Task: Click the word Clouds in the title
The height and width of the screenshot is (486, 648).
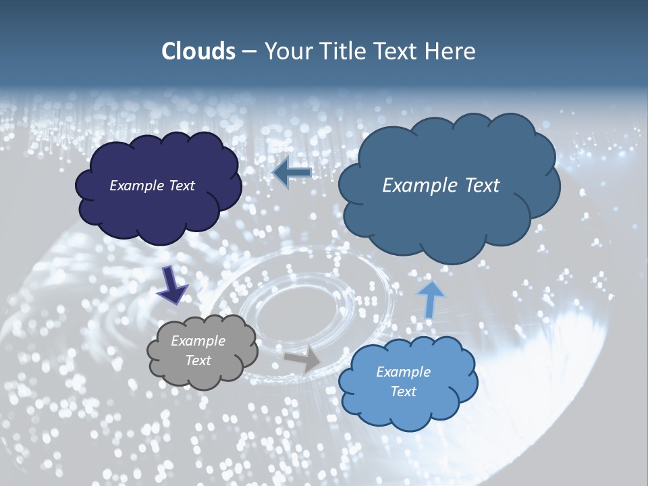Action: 198,51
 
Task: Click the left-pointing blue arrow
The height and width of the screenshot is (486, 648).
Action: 292,173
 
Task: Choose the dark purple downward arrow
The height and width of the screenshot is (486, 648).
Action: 172,285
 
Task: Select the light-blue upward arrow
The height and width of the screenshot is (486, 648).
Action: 430,298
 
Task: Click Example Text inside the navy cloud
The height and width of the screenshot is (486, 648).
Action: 152,186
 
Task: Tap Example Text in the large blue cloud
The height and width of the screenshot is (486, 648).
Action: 441,186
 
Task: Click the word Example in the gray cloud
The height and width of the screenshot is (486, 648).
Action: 198,341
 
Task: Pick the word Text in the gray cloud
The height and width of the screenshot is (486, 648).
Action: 198,360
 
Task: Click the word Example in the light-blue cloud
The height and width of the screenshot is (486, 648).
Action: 403,372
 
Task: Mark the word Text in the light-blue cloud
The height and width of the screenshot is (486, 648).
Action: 403,391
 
